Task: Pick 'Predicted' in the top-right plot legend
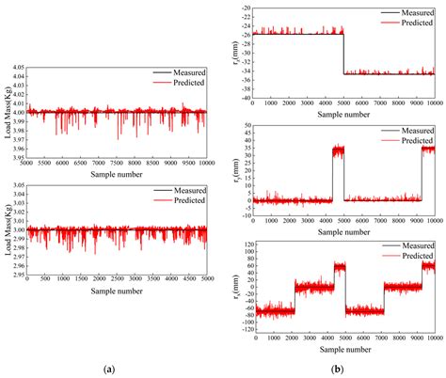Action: (x=415, y=22)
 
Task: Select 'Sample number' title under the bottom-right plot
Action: (x=345, y=350)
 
